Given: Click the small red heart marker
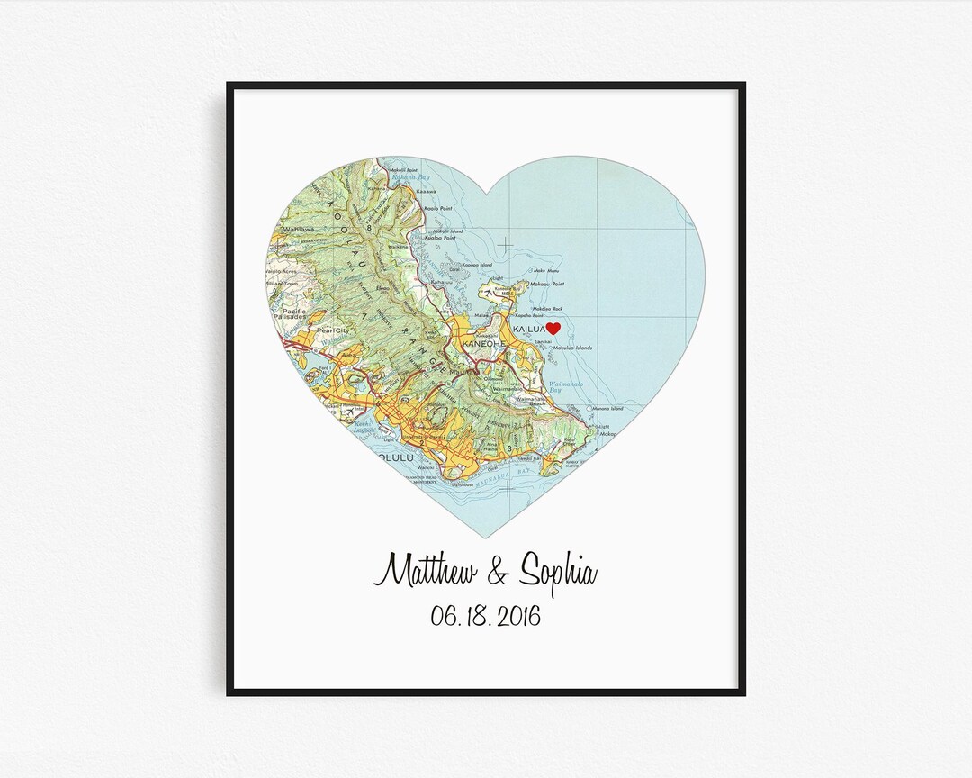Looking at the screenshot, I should point(553,329).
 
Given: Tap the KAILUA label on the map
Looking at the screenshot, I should point(528,331).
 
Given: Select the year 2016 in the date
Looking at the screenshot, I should point(515,617).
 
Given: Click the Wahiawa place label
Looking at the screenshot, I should point(294,229).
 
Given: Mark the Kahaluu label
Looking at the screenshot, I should point(442,282).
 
